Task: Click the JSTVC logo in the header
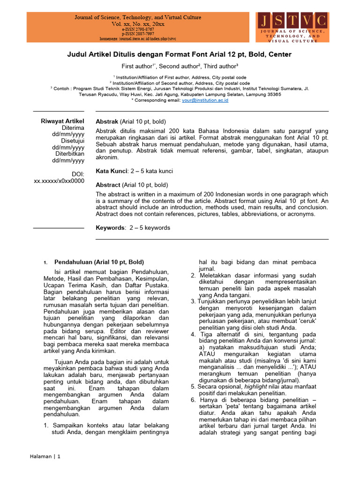point(293,27)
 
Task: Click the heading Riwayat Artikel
point(62,121)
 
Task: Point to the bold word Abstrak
point(107,121)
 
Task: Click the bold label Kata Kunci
point(111,172)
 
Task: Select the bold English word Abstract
point(108,185)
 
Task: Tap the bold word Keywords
point(110,228)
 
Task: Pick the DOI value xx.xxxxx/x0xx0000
point(59,181)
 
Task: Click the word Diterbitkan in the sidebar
point(69,154)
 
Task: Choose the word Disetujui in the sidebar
point(72,141)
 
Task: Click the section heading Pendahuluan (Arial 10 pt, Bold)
point(99,262)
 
